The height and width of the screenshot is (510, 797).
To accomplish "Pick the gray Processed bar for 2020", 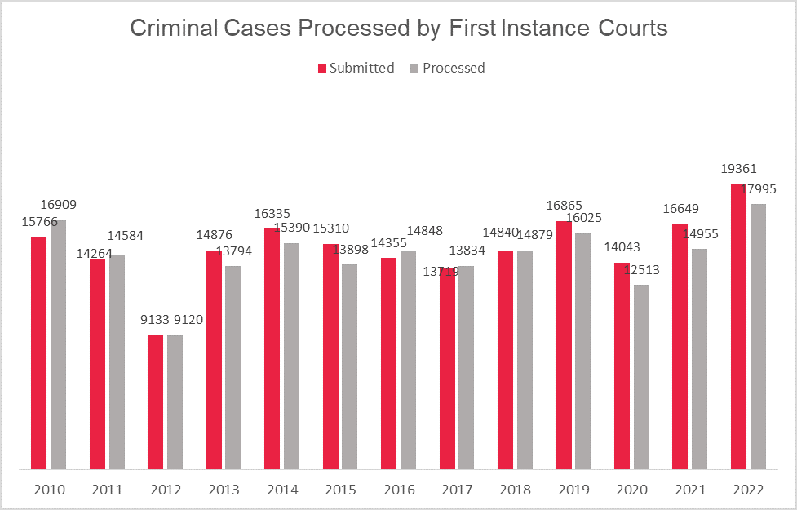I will tap(641, 376).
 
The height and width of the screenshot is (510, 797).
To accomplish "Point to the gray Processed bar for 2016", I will tap(408, 359).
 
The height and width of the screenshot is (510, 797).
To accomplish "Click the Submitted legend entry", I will tap(356, 68).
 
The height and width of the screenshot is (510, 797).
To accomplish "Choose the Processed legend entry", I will tap(448, 68).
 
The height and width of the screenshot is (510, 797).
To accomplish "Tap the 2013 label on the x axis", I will tap(224, 490).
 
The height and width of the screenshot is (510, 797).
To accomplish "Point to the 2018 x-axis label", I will tap(516, 490).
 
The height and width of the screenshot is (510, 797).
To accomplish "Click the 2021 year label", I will tap(690, 490).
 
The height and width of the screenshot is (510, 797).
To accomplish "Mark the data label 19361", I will tap(739, 170).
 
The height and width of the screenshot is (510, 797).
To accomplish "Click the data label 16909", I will tap(59, 205).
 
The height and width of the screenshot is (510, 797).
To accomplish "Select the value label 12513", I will tap(642, 269).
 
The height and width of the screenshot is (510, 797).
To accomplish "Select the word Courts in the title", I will tap(631, 29).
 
